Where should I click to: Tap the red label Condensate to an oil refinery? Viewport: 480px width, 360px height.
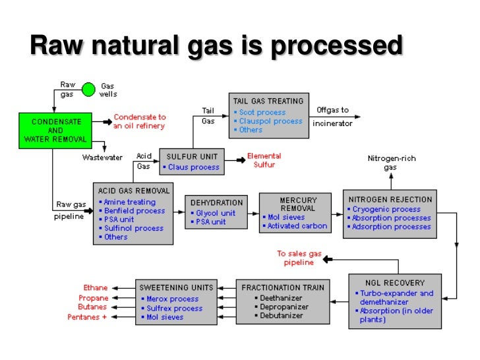139,121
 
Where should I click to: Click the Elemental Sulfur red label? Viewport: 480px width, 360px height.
264,160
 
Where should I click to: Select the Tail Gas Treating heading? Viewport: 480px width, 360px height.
268,101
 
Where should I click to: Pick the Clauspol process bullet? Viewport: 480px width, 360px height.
270,121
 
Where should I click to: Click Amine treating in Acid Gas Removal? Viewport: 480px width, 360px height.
130,202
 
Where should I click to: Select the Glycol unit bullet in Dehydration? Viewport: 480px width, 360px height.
216,213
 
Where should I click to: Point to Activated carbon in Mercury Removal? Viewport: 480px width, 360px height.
297,226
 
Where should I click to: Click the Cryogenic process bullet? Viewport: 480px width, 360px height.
386,209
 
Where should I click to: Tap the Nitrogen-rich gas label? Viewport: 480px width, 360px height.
391,163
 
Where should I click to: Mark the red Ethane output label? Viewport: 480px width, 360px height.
96,288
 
